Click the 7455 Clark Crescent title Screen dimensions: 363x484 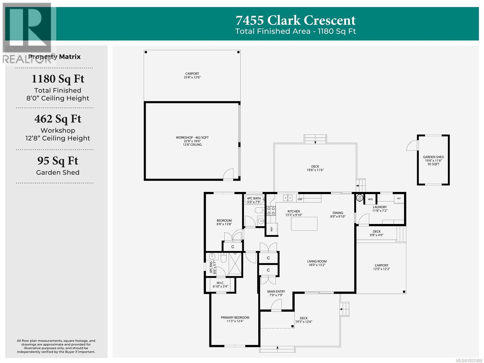[x=296, y=20]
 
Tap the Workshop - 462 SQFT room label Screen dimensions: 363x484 [x=192, y=141]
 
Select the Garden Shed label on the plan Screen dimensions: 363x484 [x=433, y=160]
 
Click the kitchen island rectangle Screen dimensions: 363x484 [x=304, y=224]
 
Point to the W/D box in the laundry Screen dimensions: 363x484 [x=370, y=199]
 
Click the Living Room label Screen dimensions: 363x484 [x=317, y=263]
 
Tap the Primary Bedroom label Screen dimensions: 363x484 [x=235, y=319]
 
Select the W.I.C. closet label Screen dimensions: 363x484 [x=220, y=285]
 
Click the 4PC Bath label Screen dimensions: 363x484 [x=253, y=200]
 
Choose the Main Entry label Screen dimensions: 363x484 [x=276, y=293]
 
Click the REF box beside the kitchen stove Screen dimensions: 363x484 [x=271, y=229]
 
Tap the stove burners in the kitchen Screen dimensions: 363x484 [x=271, y=211]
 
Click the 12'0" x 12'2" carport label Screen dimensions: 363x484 [x=381, y=267]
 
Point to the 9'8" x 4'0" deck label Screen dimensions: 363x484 [x=376, y=233]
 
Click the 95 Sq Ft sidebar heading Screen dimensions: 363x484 [x=58, y=161]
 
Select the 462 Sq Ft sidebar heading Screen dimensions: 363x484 [x=58, y=119]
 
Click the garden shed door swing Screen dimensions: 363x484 [x=412, y=146]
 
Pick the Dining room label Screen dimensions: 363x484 [x=338, y=214]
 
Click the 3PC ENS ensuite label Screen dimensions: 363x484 [x=212, y=267]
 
